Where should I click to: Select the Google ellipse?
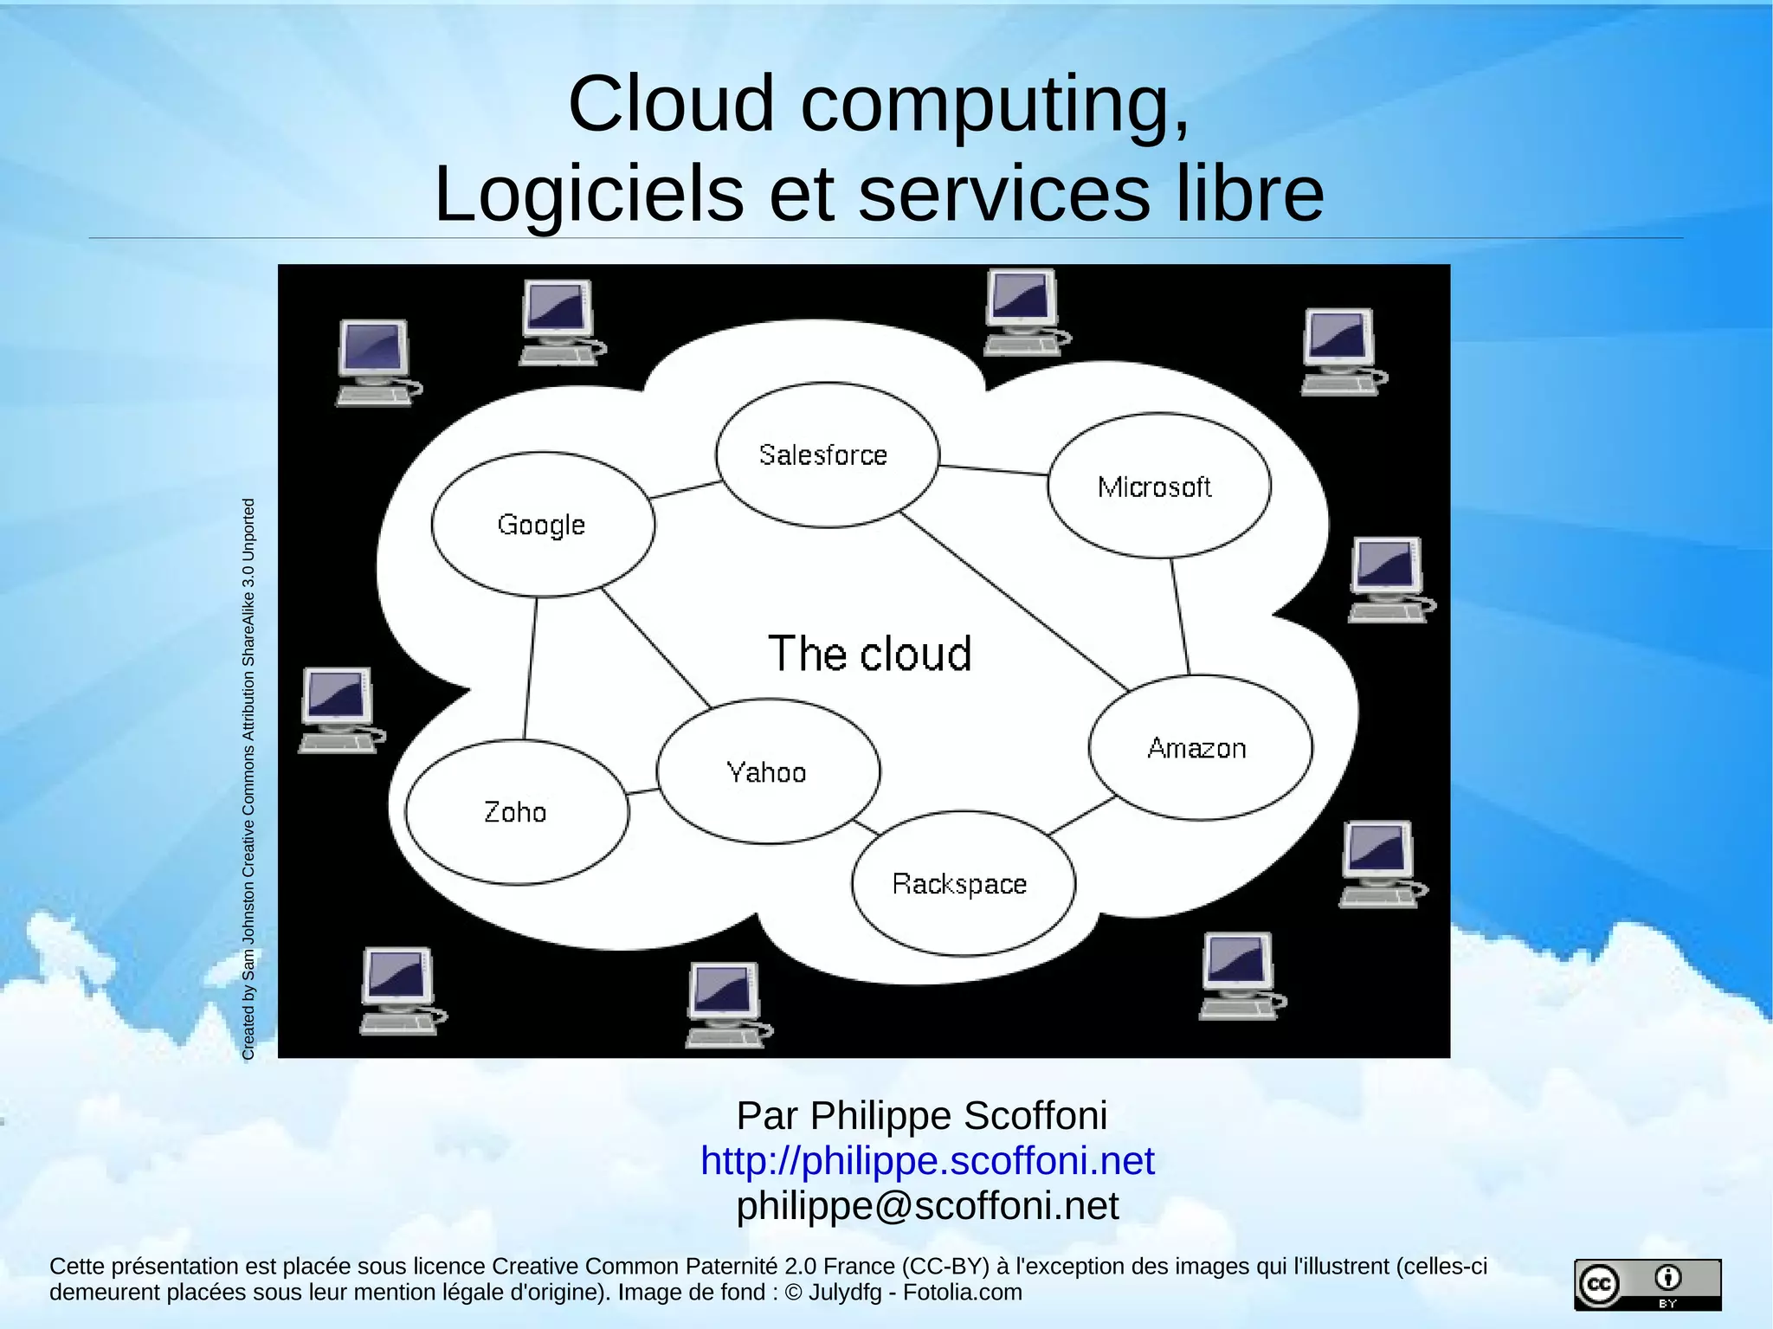click(x=543, y=524)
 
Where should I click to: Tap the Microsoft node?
click(x=1158, y=486)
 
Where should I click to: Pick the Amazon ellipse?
click(x=1200, y=747)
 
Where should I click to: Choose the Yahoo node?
click(x=768, y=771)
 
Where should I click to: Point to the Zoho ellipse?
click(x=517, y=812)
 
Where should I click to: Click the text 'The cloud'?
click(x=870, y=653)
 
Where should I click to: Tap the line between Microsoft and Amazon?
click(x=1180, y=616)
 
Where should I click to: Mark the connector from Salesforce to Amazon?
click(x=1013, y=602)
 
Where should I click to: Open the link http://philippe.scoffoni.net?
click(x=927, y=1160)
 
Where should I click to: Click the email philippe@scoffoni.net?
click(x=927, y=1205)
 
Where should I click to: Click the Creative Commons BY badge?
click(x=1647, y=1284)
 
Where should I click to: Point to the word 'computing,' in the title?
click(x=996, y=104)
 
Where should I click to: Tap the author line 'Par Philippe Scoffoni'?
click(x=922, y=1115)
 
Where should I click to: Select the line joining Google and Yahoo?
click(x=655, y=648)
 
